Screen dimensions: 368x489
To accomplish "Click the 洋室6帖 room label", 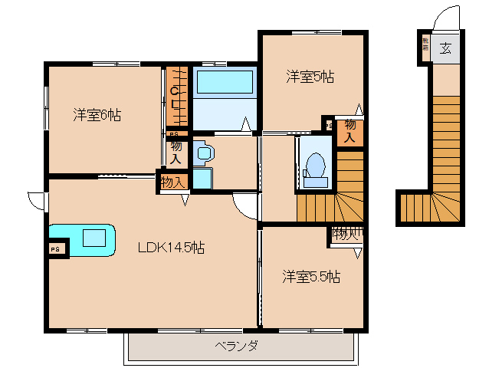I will [x=97, y=115].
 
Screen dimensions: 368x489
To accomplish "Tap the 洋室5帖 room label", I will [x=310, y=76].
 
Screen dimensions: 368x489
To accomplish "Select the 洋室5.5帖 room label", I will [x=310, y=276].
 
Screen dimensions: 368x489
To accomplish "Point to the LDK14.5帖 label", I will [x=171, y=248].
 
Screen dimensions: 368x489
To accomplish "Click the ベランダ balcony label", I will [x=235, y=346].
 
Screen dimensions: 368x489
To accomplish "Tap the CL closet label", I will [x=176, y=97].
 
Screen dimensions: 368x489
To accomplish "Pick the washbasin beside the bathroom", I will [x=203, y=153].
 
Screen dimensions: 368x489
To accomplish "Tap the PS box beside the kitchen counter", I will [x=54, y=248].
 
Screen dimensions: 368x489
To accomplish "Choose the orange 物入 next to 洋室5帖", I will [x=350, y=132].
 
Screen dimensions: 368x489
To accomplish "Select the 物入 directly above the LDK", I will [x=172, y=182].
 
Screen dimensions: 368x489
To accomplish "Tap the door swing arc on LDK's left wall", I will [x=36, y=200].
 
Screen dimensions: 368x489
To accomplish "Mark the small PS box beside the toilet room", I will [x=328, y=125].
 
